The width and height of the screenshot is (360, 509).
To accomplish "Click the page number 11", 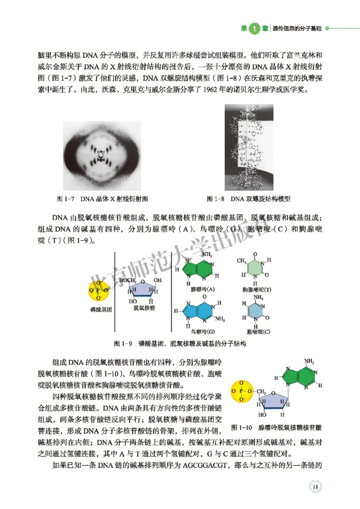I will [x=315, y=487].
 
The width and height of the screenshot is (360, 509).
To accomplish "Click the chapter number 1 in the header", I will [x=254, y=28].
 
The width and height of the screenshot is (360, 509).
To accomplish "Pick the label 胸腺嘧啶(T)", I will [x=256, y=290].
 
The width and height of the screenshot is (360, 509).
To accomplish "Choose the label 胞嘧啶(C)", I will [x=256, y=332].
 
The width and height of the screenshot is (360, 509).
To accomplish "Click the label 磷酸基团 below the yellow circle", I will [x=100, y=310].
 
